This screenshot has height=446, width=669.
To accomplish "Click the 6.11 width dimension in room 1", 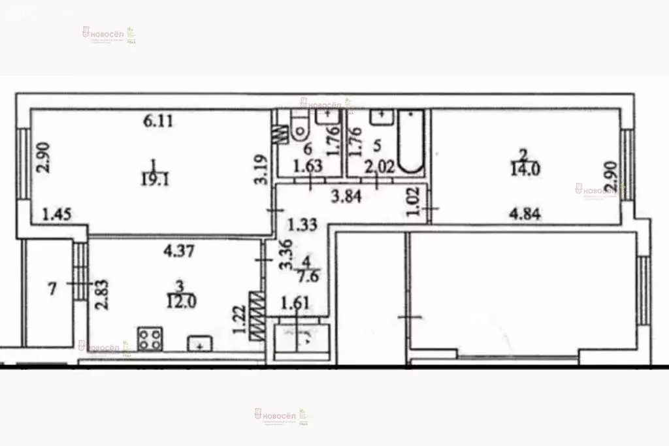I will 159,121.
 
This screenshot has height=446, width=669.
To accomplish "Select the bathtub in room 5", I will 411,142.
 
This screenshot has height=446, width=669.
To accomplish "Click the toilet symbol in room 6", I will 299,128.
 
